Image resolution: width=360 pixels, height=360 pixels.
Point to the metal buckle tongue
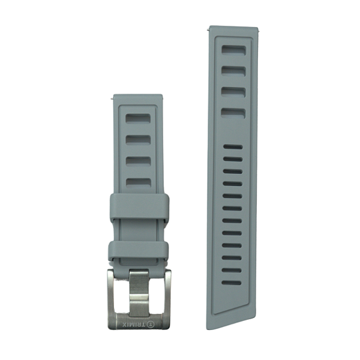[x=139, y=293]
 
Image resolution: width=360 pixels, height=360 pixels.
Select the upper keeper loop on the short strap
[x=140, y=206]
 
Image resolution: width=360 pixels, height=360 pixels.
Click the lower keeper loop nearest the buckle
[x=139, y=251]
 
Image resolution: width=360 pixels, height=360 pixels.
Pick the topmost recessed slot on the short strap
[x=138, y=118]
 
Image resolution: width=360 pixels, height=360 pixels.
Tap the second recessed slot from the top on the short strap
[x=138, y=140]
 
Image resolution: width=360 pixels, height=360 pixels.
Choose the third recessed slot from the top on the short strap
[x=138, y=161]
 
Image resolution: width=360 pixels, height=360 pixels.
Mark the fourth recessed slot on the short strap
[x=138, y=183]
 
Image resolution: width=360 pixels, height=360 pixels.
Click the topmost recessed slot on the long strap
[x=234, y=50]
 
